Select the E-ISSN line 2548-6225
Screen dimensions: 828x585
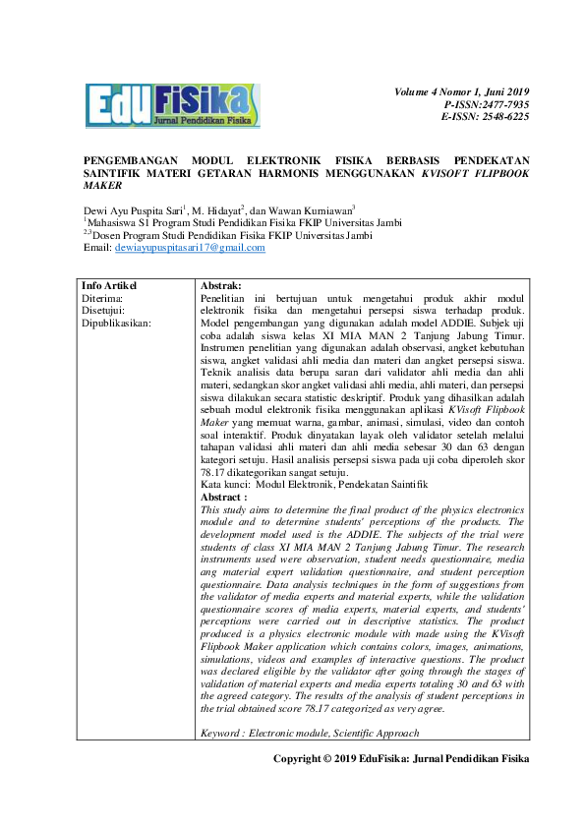click(486, 116)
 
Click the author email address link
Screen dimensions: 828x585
click(190, 248)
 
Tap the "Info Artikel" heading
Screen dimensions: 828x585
click(109, 285)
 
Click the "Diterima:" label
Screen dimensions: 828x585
click(102, 297)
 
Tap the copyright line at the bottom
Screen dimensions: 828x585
click(401, 759)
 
